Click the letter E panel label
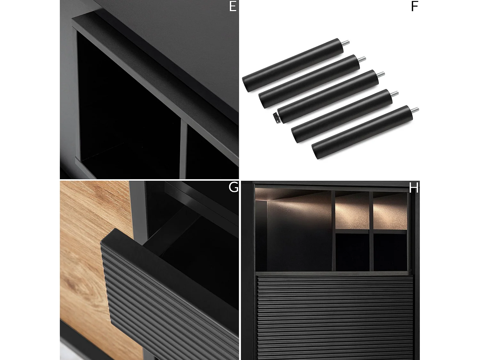(233, 6)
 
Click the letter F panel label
(414, 6)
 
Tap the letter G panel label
(233, 187)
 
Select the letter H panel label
(413, 188)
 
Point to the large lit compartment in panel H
(293, 230)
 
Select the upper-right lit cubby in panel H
(390, 211)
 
